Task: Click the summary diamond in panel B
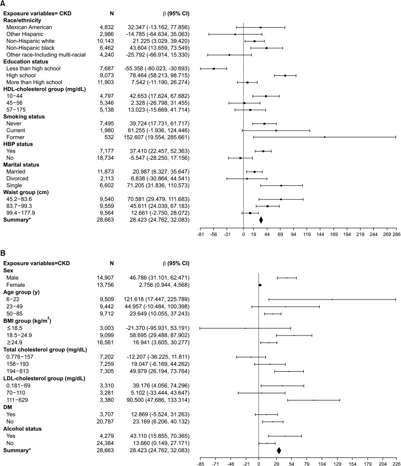[279, 450]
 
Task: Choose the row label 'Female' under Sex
[15, 270]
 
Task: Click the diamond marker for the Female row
[260, 270]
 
